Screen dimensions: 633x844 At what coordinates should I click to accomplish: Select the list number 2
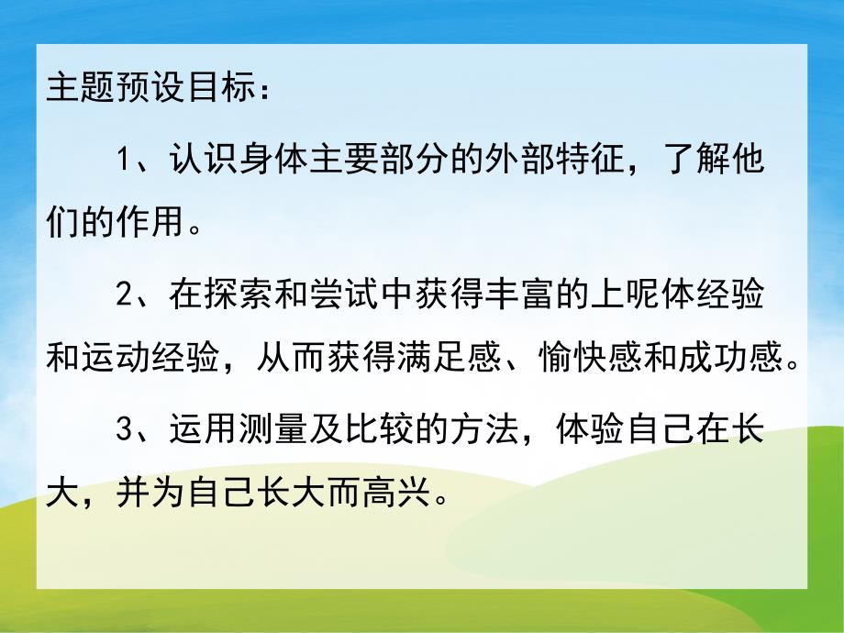point(127,296)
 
